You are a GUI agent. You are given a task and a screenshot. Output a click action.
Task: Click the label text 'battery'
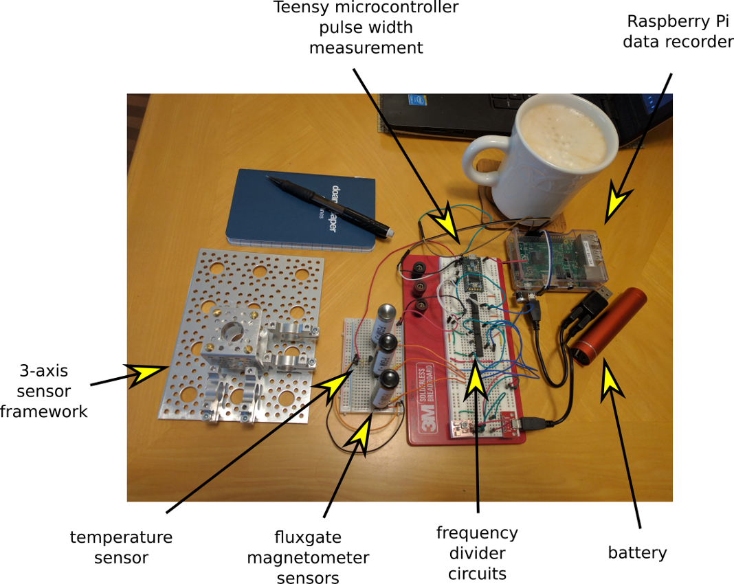click(x=637, y=552)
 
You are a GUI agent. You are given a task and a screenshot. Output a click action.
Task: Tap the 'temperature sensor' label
click(x=121, y=547)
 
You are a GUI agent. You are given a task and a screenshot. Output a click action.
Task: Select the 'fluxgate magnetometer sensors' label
click(x=308, y=557)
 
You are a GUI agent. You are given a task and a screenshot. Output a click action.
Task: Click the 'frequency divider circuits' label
click(x=477, y=553)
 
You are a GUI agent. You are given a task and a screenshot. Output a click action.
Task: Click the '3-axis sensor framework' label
click(x=44, y=391)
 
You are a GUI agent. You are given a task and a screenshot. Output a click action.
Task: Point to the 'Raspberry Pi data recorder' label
click(x=677, y=32)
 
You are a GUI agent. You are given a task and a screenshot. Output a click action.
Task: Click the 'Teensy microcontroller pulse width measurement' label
click(x=366, y=27)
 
